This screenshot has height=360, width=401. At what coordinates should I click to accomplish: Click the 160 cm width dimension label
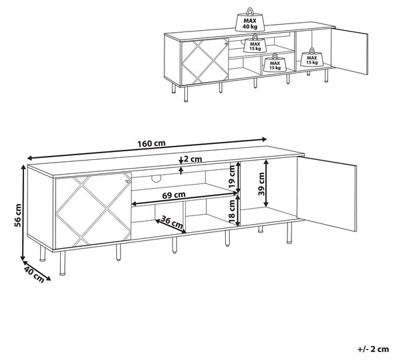152,143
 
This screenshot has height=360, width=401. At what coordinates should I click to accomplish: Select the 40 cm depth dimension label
34,274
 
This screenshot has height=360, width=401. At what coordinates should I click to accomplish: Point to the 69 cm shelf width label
174,195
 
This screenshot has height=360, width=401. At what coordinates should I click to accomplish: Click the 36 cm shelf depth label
172,223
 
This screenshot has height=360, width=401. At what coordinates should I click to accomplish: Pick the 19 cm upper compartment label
232,177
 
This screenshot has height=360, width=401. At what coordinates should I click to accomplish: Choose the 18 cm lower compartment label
232,211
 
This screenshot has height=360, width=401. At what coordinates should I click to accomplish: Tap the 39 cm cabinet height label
261,184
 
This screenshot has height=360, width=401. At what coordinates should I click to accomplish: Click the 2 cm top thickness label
193,159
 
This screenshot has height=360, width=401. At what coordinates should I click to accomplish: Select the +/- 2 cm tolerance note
373,349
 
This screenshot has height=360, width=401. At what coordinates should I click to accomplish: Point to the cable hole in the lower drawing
156,179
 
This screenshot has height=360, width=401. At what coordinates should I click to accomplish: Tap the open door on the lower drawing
327,194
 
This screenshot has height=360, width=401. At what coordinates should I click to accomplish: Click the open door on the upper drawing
350,52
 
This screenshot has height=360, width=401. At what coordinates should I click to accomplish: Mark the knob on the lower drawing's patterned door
127,181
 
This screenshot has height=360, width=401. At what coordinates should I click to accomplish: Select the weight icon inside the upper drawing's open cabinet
311,58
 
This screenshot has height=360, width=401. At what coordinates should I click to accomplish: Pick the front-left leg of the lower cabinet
62,263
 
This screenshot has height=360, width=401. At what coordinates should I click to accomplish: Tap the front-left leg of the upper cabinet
186,94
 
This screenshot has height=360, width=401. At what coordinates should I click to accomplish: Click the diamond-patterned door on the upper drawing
205,62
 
